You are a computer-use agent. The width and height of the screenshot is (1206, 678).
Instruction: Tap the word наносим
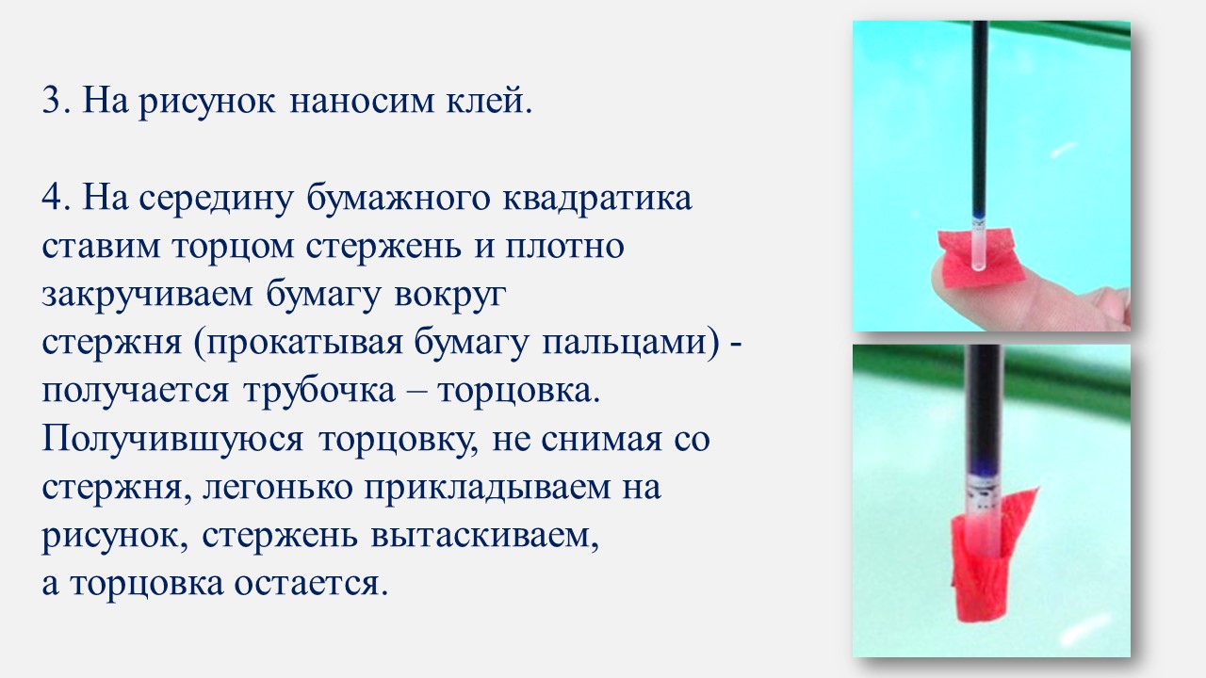[362, 101]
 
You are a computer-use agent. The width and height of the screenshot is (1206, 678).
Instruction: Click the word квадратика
[597, 199]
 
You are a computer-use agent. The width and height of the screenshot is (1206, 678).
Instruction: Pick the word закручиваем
[147, 296]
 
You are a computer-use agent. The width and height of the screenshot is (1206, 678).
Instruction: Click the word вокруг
[450, 296]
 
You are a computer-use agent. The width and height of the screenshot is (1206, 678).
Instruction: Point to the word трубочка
[319, 392]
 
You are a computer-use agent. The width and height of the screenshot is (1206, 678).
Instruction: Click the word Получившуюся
[172, 440]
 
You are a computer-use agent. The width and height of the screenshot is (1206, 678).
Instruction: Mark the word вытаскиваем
[484, 537]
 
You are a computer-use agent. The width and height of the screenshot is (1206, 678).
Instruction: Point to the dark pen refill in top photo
[980, 119]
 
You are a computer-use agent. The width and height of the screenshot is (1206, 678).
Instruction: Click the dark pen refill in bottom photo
[984, 409]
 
